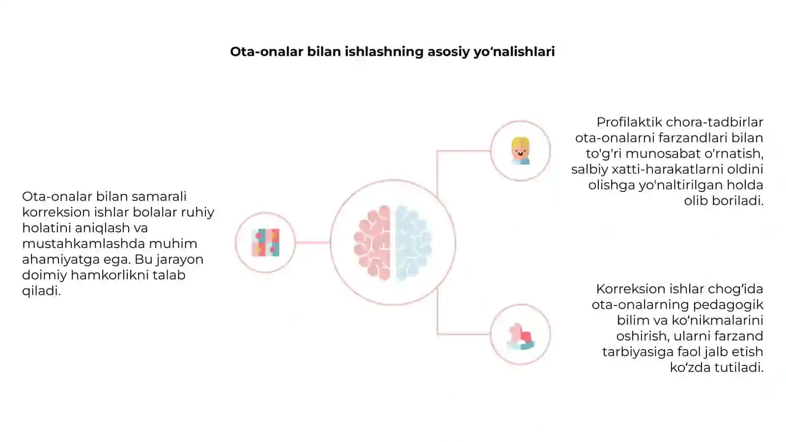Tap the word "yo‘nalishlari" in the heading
514,52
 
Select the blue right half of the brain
413,243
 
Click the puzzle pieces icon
266,243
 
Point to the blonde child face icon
520,151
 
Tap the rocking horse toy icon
520,336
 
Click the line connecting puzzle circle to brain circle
312,243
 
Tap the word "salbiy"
589,169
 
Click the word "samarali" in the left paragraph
159,196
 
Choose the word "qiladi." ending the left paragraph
41,291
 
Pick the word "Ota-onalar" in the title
267,52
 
